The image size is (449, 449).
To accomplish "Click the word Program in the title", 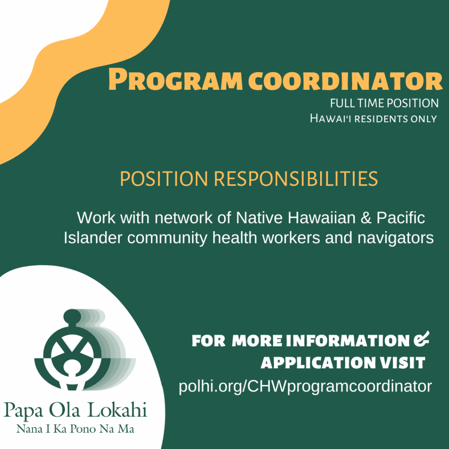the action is pos(175,80).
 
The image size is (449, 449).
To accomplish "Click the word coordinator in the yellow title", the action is pos(346,81).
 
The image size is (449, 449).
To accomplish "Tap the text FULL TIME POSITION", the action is pos(384,103).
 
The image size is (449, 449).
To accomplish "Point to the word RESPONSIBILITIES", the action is pos(296,179).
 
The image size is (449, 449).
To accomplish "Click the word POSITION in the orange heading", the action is pos(164,179).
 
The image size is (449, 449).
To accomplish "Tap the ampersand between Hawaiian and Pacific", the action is pos(366,217).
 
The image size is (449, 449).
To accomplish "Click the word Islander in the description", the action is pos(93,238).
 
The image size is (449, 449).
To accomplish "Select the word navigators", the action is pos(396,238).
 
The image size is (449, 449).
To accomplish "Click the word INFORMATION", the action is pos(348,341).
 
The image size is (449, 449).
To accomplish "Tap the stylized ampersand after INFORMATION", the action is pos(421,339).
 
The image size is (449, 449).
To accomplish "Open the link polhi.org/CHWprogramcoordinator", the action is pos(305,386).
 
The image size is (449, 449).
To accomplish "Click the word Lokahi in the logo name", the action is pos(117,410).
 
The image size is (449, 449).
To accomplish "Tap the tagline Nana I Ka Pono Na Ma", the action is pos(75,429).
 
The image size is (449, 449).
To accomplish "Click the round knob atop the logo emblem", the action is pos(72,316).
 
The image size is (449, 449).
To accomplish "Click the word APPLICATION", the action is pos(318,363).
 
